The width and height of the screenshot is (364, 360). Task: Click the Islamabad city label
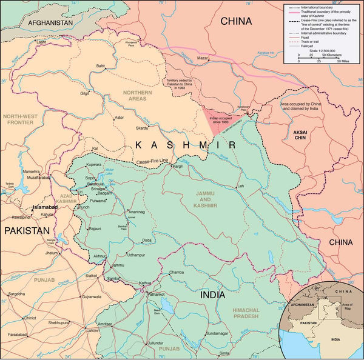(44, 207)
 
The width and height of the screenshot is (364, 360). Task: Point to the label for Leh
(240, 186)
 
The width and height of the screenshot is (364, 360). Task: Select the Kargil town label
(177, 166)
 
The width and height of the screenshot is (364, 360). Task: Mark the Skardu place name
(142, 128)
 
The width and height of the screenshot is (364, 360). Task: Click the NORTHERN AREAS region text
(137, 96)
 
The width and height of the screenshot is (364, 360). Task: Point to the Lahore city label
(92, 330)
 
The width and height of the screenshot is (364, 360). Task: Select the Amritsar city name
(105, 324)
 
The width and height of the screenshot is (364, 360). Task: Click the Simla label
(224, 353)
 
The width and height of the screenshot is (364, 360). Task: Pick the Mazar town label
(203, 58)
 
